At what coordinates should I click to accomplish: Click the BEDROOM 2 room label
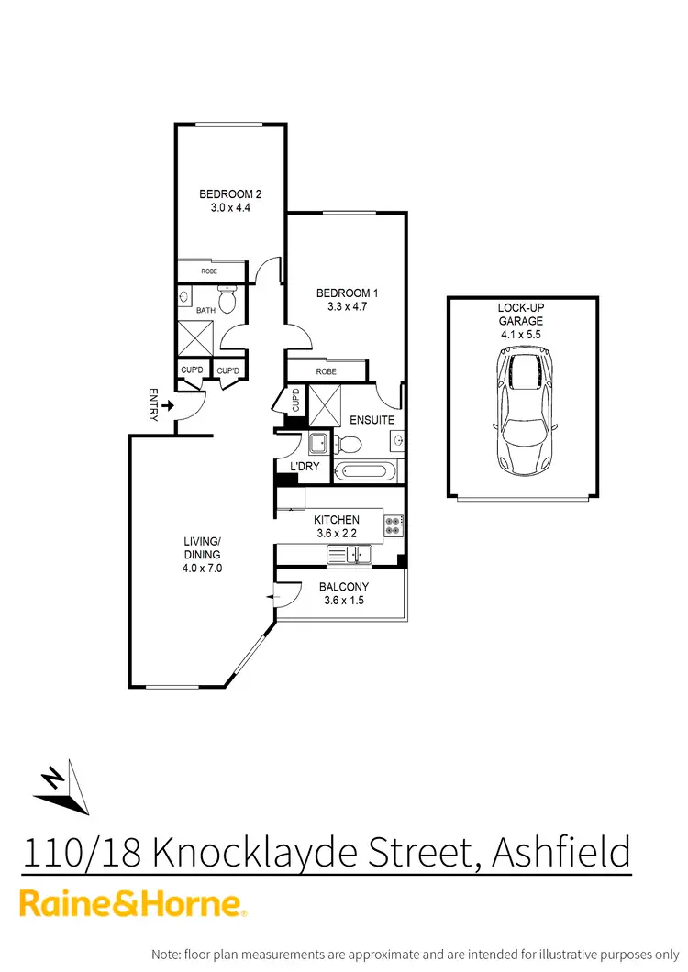[230, 193]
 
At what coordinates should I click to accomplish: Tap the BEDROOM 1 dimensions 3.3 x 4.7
[347, 307]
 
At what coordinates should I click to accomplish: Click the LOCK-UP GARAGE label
[521, 315]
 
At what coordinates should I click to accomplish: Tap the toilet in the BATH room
[231, 299]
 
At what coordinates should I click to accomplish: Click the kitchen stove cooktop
[393, 525]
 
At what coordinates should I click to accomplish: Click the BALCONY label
[344, 587]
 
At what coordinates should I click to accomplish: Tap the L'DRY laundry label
[304, 468]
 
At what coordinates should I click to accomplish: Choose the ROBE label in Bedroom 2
[209, 271]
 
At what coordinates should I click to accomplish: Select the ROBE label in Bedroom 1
[326, 371]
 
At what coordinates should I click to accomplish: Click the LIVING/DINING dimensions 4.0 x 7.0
[202, 569]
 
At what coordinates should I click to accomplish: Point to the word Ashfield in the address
[562, 853]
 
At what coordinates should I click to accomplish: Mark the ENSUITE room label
[372, 420]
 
